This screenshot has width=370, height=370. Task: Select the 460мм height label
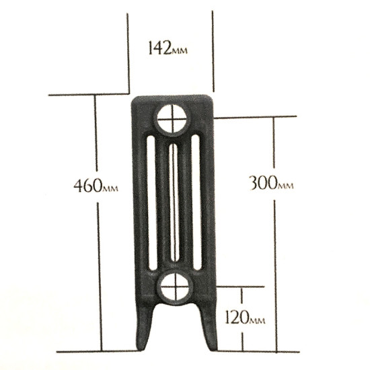pyautogui.click(x=96, y=184)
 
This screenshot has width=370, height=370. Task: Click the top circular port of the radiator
pyautogui.click(x=172, y=121)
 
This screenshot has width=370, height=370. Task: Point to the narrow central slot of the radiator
pyautogui.click(x=173, y=202)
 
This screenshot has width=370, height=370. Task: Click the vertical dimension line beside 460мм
pyautogui.click(x=98, y=269)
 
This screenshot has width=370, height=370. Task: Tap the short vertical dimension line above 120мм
pyautogui.click(x=242, y=296)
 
